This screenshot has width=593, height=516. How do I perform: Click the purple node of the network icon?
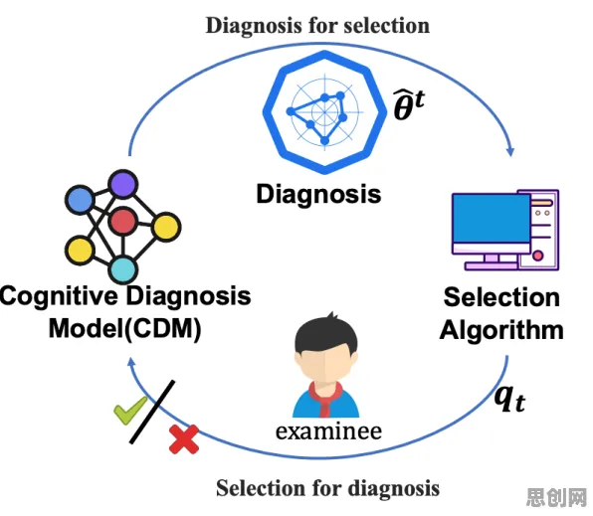pos(123,184)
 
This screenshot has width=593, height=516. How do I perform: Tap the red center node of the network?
pos(122,221)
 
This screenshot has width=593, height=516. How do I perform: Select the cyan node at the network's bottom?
pos(123,269)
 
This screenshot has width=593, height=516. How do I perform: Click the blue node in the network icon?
pos(81,200)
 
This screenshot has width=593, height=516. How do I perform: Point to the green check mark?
pos(130,410)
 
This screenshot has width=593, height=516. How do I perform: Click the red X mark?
pos(184,438)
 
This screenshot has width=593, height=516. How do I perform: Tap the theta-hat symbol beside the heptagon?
pos(409,105)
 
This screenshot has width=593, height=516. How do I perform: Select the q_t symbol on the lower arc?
pos(510,399)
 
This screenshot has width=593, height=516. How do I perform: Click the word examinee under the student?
pos(328,430)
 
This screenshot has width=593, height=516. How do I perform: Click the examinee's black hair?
pos(325,334)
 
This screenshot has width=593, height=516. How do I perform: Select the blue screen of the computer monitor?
pos(492,219)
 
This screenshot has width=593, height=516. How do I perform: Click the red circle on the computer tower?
pos(538,256)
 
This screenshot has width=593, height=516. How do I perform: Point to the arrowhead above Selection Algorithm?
pos(510,151)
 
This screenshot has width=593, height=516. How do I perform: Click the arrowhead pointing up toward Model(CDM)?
pos(131,362)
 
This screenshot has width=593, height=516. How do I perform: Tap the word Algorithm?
pos(501,330)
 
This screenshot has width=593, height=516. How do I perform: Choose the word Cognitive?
pos(59,296)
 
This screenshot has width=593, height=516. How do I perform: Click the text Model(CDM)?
pos(125,329)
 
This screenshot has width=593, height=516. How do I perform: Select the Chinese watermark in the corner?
pos(556,497)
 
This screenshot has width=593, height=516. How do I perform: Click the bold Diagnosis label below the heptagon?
pos(318,194)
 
